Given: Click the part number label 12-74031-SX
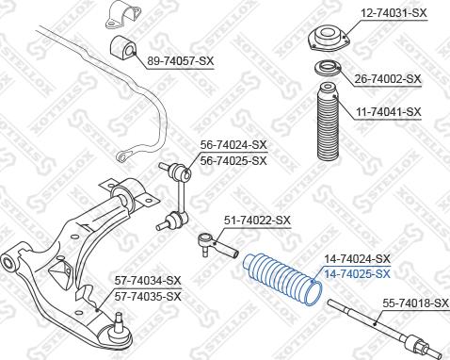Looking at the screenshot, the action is [x=394, y=12].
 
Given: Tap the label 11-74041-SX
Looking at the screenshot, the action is [x=388, y=112].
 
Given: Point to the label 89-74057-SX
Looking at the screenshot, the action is [x=181, y=60].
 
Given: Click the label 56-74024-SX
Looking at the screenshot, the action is [x=233, y=145].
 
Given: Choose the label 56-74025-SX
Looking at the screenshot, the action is [x=233, y=160].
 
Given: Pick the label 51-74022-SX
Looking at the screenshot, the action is [x=257, y=221].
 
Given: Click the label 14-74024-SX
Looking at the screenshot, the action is [x=357, y=258].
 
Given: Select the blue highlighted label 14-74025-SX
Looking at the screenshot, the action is [x=357, y=273].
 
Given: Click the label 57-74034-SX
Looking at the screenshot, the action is [x=148, y=281].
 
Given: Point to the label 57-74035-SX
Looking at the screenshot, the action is [x=148, y=296].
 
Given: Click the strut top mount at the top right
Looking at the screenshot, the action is [x=326, y=42].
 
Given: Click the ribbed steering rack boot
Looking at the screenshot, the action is [x=280, y=278].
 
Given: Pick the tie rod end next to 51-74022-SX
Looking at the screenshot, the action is [x=214, y=247].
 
